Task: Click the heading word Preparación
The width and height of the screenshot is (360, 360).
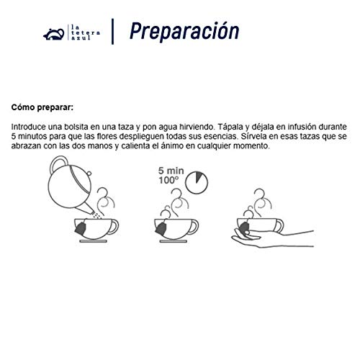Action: [x=184, y=32]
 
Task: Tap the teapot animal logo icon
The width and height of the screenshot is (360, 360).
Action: [x=54, y=35]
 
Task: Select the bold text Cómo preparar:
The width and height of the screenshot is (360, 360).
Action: [x=42, y=107]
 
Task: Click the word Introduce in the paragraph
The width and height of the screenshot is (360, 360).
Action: [x=29, y=127]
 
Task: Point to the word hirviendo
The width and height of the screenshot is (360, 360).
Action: [x=196, y=127]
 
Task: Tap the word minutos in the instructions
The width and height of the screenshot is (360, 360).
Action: [x=32, y=136]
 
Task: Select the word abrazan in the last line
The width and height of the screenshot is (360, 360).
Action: [x=26, y=146]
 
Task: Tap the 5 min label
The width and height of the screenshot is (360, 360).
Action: [x=171, y=171]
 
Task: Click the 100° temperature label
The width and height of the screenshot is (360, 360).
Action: [x=168, y=181]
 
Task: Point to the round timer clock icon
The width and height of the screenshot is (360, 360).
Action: [x=197, y=182]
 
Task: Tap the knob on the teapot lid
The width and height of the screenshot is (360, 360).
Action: [x=89, y=173]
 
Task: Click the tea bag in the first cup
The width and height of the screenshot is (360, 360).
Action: [x=81, y=228]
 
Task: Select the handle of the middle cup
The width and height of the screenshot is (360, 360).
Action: [x=194, y=227]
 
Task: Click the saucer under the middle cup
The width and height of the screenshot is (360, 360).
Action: [x=174, y=241]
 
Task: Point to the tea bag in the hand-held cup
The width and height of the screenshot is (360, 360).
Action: [x=244, y=228]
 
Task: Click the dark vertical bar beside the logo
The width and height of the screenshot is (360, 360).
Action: [x=112, y=32]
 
